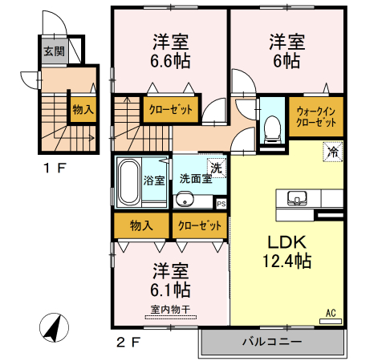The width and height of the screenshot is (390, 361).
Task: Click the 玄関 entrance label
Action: point(55,51)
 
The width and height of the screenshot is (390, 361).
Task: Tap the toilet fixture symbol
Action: point(272,129)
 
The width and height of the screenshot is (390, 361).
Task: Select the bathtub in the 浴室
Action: point(128,182)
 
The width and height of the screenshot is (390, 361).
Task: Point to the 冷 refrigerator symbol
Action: point(333,152)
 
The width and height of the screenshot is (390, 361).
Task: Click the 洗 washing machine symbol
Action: point(217,168)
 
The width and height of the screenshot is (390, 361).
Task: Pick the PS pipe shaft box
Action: point(221,204)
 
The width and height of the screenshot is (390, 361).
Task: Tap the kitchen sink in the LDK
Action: point(297,198)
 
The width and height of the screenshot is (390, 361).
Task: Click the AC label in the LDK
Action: point(331,313)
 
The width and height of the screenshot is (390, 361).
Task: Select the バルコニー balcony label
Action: point(272,342)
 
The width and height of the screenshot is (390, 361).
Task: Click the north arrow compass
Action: point(55,327)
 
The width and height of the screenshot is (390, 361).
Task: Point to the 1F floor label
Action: point(55,168)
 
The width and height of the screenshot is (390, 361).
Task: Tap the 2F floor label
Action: point(128,342)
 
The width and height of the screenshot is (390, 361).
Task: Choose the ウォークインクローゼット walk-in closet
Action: point(316,116)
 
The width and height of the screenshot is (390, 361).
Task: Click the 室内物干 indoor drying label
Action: point(170,310)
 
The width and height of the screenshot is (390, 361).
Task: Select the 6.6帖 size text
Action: point(170,61)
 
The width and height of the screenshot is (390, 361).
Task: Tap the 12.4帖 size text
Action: point(287,261)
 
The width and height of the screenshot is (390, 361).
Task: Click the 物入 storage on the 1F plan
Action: point(83,109)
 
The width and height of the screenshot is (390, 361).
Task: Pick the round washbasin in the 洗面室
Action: point(184,199)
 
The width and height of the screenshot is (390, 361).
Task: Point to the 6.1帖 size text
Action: point(170,290)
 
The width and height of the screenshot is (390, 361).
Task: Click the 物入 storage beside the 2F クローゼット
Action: point(141,225)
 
